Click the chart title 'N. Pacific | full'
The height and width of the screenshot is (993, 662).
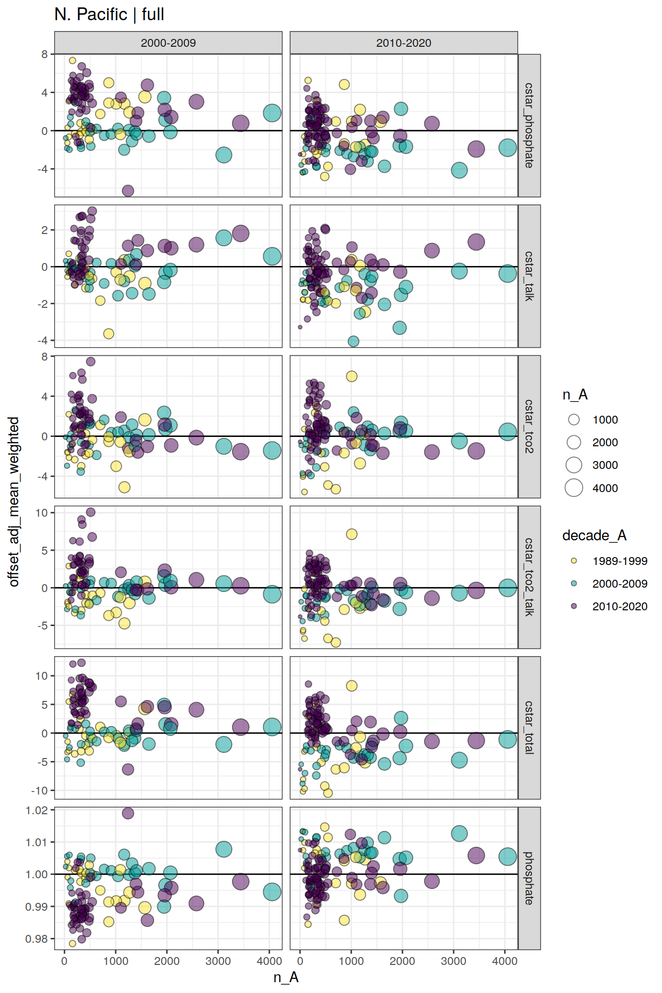point(109,14)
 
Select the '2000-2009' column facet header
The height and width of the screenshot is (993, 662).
point(168,43)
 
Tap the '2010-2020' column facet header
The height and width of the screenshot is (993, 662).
point(403,43)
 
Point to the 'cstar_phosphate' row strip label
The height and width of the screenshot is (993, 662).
point(529,126)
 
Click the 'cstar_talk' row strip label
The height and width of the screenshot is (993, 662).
point(529,276)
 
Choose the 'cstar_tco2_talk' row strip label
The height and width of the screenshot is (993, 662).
point(529,577)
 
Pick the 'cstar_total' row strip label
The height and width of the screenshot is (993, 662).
point(529,728)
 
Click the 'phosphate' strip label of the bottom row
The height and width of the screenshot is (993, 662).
point(529,878)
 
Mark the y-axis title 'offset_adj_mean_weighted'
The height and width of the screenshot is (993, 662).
point(14,501)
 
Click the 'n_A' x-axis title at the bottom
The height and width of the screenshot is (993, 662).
point(286,977)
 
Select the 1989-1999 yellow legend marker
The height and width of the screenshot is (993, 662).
point(574,561)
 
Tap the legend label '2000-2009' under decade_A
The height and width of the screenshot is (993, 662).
point(620,584)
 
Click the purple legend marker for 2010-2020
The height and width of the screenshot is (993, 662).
point(574,606)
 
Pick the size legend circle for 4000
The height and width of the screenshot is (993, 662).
point(574,488)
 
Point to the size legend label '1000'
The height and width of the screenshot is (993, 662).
point(605,420)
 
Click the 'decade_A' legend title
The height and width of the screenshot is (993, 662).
point(594,535)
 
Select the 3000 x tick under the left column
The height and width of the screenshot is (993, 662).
point(218,961)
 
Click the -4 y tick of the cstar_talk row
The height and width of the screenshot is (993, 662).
point(44,340)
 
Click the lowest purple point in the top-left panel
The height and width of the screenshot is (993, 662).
point(128,191)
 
